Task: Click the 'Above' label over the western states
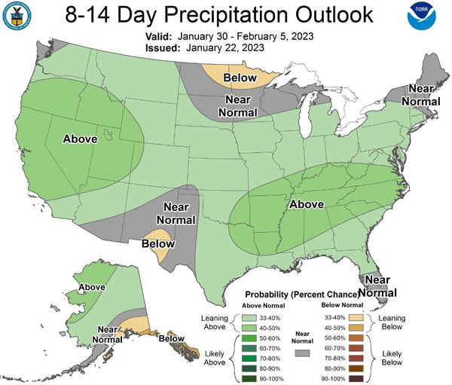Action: [x=81, y=139]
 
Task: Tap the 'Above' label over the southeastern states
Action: [x=307, y=204]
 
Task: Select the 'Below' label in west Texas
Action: [x=158, y=243]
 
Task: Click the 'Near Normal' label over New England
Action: [x=419, y=94]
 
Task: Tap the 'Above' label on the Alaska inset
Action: [x=92, y=287]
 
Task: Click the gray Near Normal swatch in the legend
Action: [x=303, y=353]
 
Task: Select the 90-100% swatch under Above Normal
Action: [x=250, y=378]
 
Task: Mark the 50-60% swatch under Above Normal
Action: [x=250, y=338]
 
